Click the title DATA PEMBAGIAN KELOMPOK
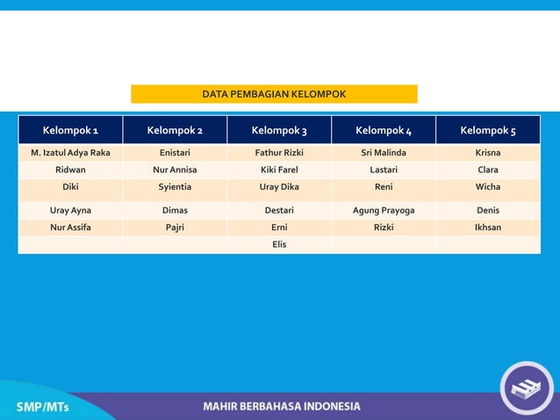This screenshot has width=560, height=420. (274, 94)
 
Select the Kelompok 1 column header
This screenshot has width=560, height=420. (70, 131)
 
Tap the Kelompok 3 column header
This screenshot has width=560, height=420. (279, 131)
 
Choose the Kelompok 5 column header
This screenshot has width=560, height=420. (488, 131)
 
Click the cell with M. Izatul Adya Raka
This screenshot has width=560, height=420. (70, 153)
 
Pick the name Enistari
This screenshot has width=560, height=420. (175, 153)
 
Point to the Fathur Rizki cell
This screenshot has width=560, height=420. (279, 153)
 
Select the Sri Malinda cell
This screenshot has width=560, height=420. (384, 153)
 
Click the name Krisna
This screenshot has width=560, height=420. (488, 153)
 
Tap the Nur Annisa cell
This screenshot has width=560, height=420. (175, 170)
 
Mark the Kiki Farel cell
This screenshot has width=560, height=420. (279, 170)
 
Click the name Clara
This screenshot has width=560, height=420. (488, 170)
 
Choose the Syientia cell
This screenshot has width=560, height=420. (175, 187)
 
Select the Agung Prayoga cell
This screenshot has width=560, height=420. (384, 211)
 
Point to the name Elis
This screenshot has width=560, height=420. (279, 244)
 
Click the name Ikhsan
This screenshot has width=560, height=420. (488, 228)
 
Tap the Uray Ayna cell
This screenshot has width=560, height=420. (70, 211)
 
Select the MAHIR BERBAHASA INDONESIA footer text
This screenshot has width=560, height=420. (281, 407)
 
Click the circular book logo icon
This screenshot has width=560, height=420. (527, 388)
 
